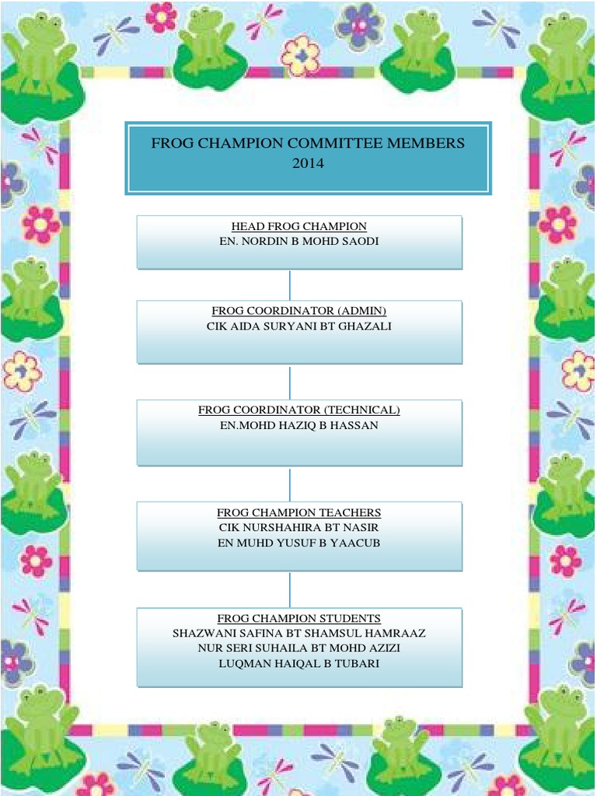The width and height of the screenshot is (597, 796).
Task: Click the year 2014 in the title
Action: [x=307, y=163]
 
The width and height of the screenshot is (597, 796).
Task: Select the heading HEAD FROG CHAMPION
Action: [x=299, y=226]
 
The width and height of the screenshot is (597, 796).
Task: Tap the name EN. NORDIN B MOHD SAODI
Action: [x=299, y=242]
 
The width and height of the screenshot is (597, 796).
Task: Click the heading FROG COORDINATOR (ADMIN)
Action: [x=299, y=311]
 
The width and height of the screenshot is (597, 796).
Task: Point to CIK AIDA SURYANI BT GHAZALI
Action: [x=299, y=326]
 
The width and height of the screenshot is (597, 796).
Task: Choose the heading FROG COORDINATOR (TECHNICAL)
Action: [x=299, y=410]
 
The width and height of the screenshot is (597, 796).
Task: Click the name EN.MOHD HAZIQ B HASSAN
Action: [x=299, y=426]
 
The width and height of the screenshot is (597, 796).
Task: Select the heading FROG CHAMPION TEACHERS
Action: [x=299, y=512]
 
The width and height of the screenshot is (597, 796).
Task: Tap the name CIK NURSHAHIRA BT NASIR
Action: [x=299, y=527]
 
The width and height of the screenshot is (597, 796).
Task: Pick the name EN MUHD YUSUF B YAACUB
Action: [x=299, y=543]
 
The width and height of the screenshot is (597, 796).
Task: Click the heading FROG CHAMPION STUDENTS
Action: [x=299, y=618]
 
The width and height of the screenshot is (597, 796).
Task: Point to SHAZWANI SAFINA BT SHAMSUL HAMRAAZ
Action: [x=299, y=634]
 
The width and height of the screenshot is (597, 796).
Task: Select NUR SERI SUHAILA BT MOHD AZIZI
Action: [x=299, y=648]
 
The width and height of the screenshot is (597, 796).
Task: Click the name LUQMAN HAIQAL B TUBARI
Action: [x=299, y=663]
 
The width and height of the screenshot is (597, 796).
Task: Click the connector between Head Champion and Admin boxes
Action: [x=290, y=285]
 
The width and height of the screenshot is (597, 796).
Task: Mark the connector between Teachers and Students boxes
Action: [x=290, y=589]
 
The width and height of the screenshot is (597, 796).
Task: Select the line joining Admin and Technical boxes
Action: [x=290, y=382]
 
